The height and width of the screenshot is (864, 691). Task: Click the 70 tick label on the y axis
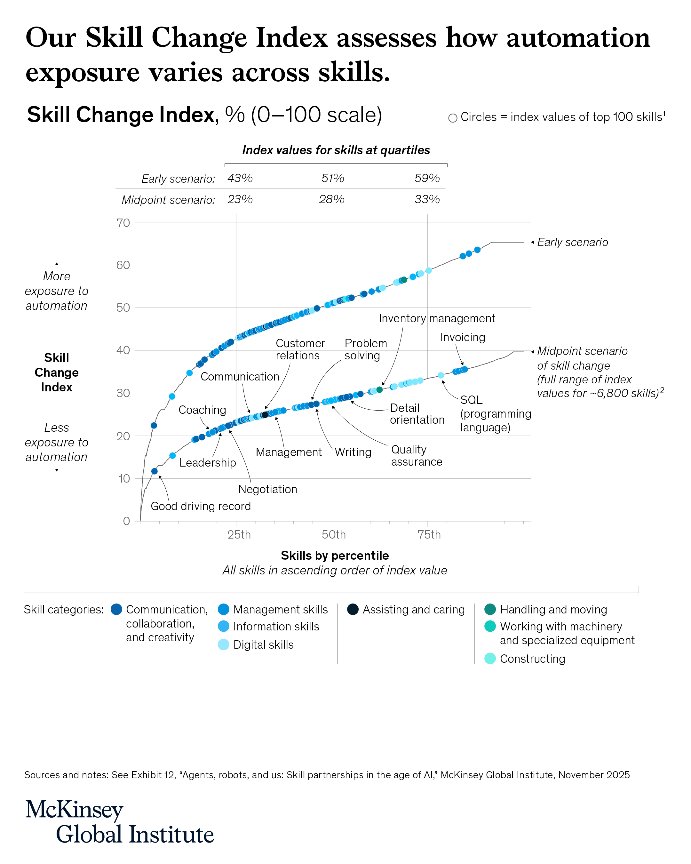(123, 223)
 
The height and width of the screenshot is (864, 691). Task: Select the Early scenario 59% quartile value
(427, 178)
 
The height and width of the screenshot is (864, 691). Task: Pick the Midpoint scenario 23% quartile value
(240, 199)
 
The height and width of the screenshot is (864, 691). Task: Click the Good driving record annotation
(200, 506)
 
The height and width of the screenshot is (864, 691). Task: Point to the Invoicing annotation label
(462, 337)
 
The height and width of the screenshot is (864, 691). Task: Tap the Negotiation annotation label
(267, 489)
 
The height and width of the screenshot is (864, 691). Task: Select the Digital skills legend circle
(224, 644)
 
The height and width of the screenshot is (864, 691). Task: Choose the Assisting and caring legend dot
(353, 610)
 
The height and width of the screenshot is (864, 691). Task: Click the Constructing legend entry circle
(489, 659)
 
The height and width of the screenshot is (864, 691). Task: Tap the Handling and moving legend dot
(489, 610)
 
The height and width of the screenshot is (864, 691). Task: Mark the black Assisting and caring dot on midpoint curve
(265, 415)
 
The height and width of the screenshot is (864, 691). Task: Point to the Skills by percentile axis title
(335, 556)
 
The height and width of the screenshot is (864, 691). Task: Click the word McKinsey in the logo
(74, 810)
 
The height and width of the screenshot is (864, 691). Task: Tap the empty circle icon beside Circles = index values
(453, 118)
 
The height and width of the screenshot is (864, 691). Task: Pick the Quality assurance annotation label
(416, 456)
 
